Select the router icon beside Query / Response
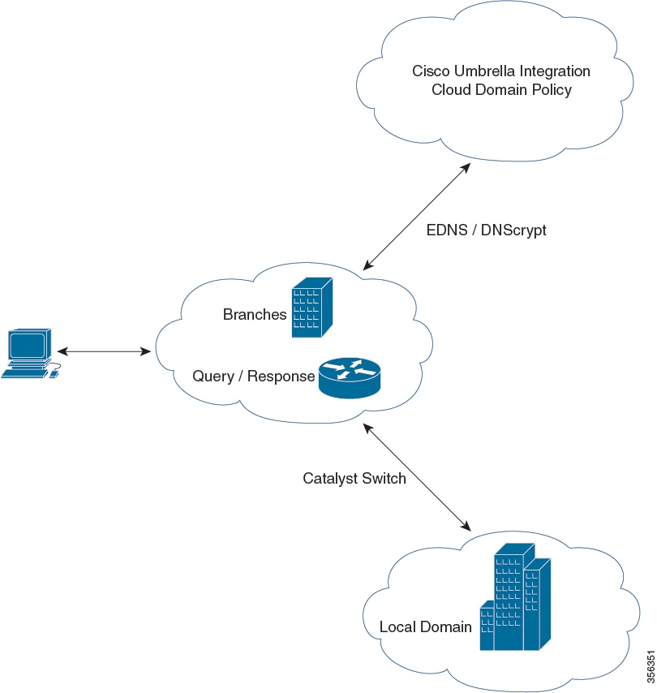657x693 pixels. [x=348, y=377]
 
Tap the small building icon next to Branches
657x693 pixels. [x=311, y=308]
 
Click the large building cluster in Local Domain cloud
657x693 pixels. [x=514, y=596]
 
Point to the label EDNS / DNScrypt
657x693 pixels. [x=486, y=230]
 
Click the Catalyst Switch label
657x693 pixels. [x=354, y=478]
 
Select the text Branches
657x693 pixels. [x=255, y=315]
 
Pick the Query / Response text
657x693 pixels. [x=253, y=377]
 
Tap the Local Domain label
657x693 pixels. [x=425, y=626]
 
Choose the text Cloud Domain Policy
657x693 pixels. [x=501, y=89]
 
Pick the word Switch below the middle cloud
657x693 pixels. [x=384, y=478]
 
